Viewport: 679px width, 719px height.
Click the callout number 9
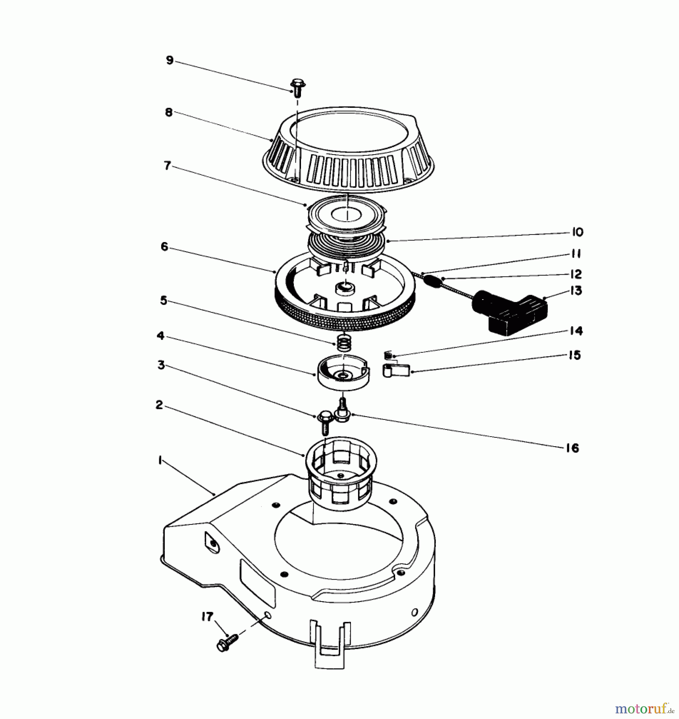click(x=170, y=61)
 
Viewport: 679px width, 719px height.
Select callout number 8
click(x=169, y=113)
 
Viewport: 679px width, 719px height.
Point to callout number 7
click(x=167, y=165)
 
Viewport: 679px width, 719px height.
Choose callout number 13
click(x=576, y=290)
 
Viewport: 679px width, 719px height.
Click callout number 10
click(x=577, y=232)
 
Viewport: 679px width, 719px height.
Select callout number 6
click(x=164, y=247)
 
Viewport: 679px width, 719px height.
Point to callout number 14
click(x=576, y=331)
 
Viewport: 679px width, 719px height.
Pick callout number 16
click(x=572, y=448)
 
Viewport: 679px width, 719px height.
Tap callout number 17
click(x=207, y=617)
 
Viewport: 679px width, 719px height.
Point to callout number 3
click(x=161, y=365)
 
